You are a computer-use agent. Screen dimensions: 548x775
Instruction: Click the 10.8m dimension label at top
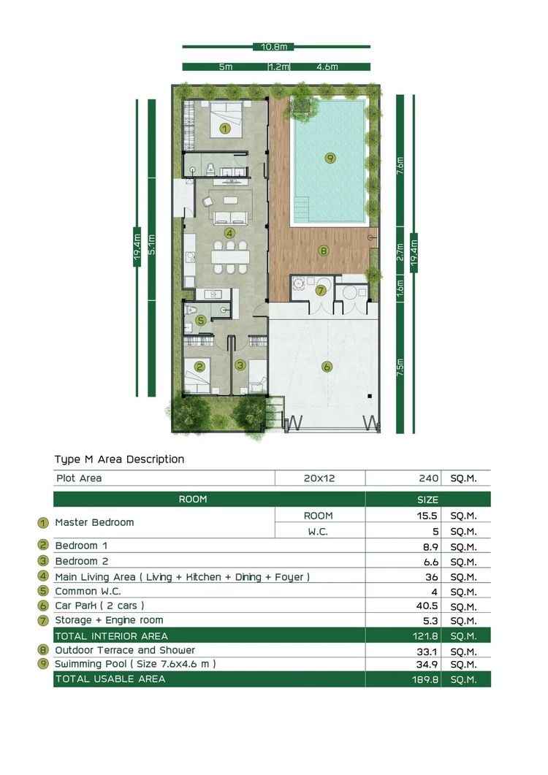point(274,47)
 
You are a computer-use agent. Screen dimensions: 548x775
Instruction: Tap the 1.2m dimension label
point(279,66)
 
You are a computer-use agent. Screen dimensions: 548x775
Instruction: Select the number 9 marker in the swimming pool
point(330,159)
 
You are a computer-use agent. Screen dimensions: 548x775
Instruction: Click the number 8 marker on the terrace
point(324,251)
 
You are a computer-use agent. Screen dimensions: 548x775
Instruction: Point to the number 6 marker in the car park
point(327,367)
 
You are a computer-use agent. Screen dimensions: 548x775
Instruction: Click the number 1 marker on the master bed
point(225,129)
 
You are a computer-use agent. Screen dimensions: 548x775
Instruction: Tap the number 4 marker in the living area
point(229,233)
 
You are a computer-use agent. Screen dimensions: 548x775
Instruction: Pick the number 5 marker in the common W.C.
point(200,320)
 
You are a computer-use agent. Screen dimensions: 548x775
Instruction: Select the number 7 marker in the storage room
point(321,290)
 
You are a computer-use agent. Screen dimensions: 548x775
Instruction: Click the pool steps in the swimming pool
point(301,209)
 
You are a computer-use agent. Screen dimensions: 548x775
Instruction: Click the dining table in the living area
point(230,257)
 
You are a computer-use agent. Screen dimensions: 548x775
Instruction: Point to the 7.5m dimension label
point(400,367)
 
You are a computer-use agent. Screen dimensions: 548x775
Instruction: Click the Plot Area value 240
point(428,478)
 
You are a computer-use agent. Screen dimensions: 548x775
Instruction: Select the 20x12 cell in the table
point(319,478)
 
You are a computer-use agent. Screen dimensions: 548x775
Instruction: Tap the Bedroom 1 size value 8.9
point(431,547)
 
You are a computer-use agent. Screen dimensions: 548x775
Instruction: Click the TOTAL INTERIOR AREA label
point(111,636)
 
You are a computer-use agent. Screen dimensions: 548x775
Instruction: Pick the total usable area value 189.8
point(425,679)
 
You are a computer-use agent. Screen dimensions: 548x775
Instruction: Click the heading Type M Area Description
point(119,459)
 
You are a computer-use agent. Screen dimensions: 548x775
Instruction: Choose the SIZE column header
point(428,500)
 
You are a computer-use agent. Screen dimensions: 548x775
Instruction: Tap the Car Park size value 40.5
point(427,606)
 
